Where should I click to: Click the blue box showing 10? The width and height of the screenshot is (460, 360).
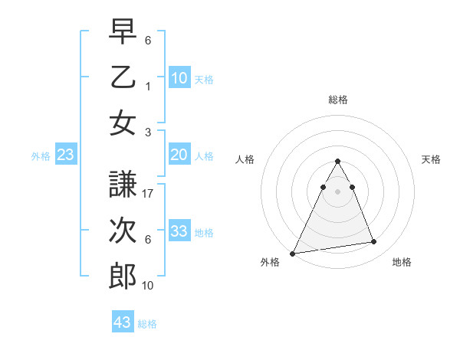(x=179, y=78)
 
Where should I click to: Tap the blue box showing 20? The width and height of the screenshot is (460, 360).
(x=179, y=155)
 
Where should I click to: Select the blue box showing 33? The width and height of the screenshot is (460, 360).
(x=179, y=231)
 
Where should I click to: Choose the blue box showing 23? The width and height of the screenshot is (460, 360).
(x=66, y=155)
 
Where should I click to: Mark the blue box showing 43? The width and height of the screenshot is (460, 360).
(x=123, y=322)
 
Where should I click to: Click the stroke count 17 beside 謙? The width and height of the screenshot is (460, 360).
(x=149, y=194)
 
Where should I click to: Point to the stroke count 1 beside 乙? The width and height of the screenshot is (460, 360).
(x=149, y=86)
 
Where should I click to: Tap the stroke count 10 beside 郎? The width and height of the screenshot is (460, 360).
(x=149, y=285)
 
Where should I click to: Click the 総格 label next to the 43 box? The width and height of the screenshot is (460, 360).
(x=147, y=324)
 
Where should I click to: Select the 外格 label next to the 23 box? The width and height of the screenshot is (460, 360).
(x=41, y=156)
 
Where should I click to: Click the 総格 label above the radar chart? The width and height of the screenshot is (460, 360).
(x=337, y=100)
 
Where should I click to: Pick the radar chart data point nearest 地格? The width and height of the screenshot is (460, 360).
(x=374, y=242)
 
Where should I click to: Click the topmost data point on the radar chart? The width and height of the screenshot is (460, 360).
(x=337, y=161)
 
